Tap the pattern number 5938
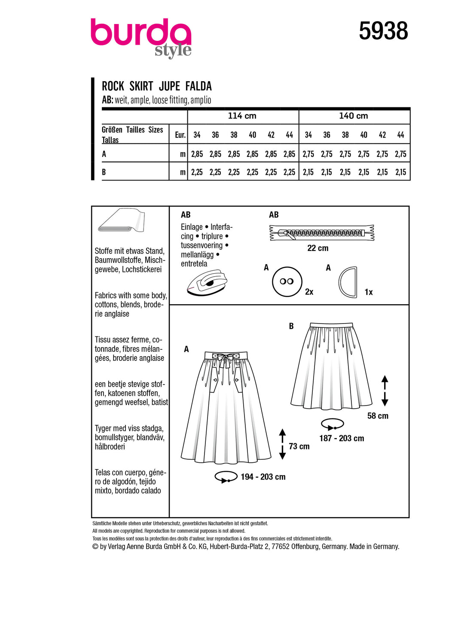[383, 31]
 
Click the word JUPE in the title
[169, 86]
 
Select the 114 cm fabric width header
[242, 116]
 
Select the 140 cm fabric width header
[353, 116]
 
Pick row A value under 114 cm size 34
[197, 154]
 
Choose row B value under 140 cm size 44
[400, 172]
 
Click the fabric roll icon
[122, 220]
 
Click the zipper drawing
[322, 233]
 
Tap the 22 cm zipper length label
[317, 248]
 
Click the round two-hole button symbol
[287, 282]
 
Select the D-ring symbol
[348, 282]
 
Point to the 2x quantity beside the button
[309, 292]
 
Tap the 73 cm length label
[299, 446]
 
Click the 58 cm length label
[378, 416]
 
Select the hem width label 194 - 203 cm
[263, 477]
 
